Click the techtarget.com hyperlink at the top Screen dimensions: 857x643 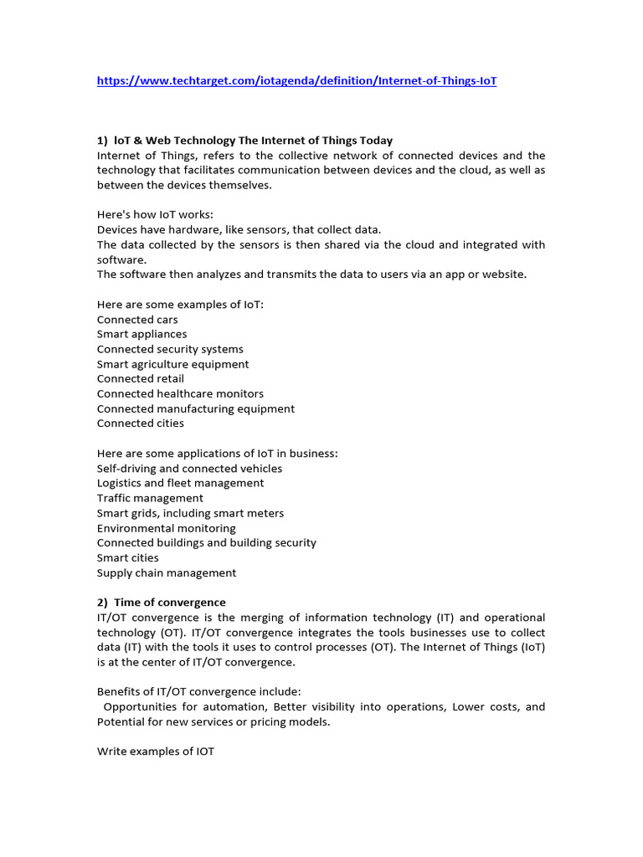point(296,81)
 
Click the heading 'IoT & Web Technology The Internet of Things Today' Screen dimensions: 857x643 point(252,141)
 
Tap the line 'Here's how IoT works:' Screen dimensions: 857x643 point(155,214)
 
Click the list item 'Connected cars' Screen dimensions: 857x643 point(137,320)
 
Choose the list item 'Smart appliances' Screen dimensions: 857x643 point(141,334)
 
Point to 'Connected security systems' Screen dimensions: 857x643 point(170,349)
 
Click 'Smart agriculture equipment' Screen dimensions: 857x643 point(172,364)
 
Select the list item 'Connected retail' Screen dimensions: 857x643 point(141,378)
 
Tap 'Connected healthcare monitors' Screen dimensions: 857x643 point(180,393)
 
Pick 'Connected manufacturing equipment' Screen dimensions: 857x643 point(196,408)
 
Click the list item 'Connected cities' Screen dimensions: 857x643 point(141,423)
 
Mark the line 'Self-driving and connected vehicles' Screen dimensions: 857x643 point(189,469)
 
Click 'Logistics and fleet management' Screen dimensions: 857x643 point(180,483)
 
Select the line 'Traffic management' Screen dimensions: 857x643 point(150,498)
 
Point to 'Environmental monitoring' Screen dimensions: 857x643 point(167,528)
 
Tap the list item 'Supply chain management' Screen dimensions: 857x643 point(167,573)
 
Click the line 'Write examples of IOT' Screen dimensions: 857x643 point(156,752)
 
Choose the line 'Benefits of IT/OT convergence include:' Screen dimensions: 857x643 point(198,691)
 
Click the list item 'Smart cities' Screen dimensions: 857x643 point(127,557)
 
